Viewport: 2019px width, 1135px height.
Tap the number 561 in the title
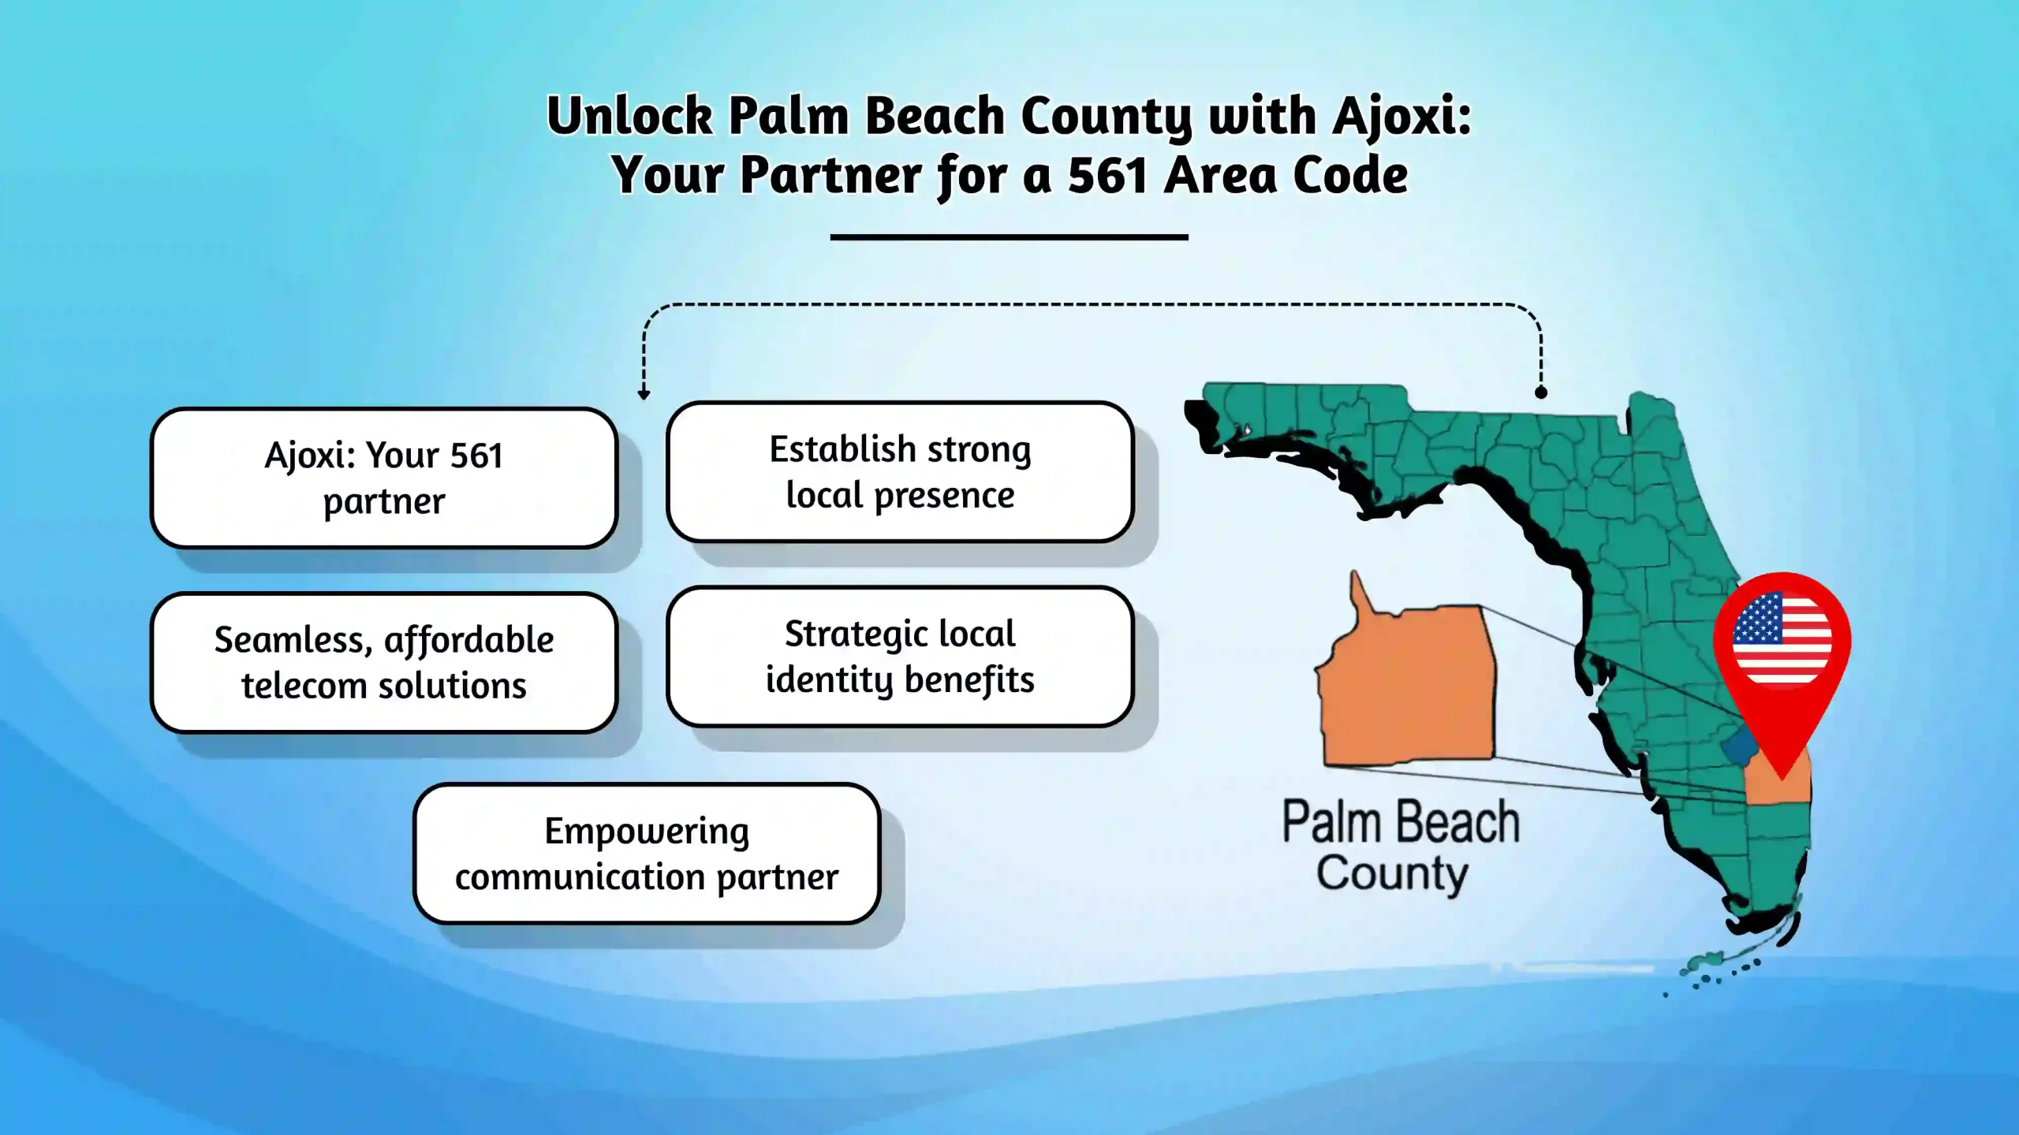point(1107,175)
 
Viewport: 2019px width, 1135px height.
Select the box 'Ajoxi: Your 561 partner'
point(384,478)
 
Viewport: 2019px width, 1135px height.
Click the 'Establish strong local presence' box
point(900,472)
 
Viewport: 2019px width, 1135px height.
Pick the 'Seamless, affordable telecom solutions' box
point(384,663)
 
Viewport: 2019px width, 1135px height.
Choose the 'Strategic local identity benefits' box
point(900,657)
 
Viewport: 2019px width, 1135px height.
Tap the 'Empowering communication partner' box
point(647,854)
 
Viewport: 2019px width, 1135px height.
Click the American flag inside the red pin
point(1782,638)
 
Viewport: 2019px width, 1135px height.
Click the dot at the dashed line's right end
point(1541,392)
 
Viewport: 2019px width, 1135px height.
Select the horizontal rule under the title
point(1009,236)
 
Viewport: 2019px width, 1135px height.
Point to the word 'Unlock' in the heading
point(630,117)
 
